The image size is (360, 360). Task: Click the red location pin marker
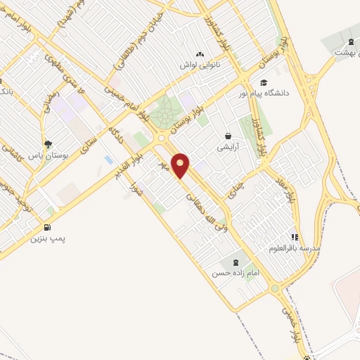(181, 165)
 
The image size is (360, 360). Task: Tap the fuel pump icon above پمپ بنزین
(47, 227)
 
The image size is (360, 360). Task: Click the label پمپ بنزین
(47, 239)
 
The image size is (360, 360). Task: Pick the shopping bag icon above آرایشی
(229, 136)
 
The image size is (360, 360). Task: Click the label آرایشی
(229, 148)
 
